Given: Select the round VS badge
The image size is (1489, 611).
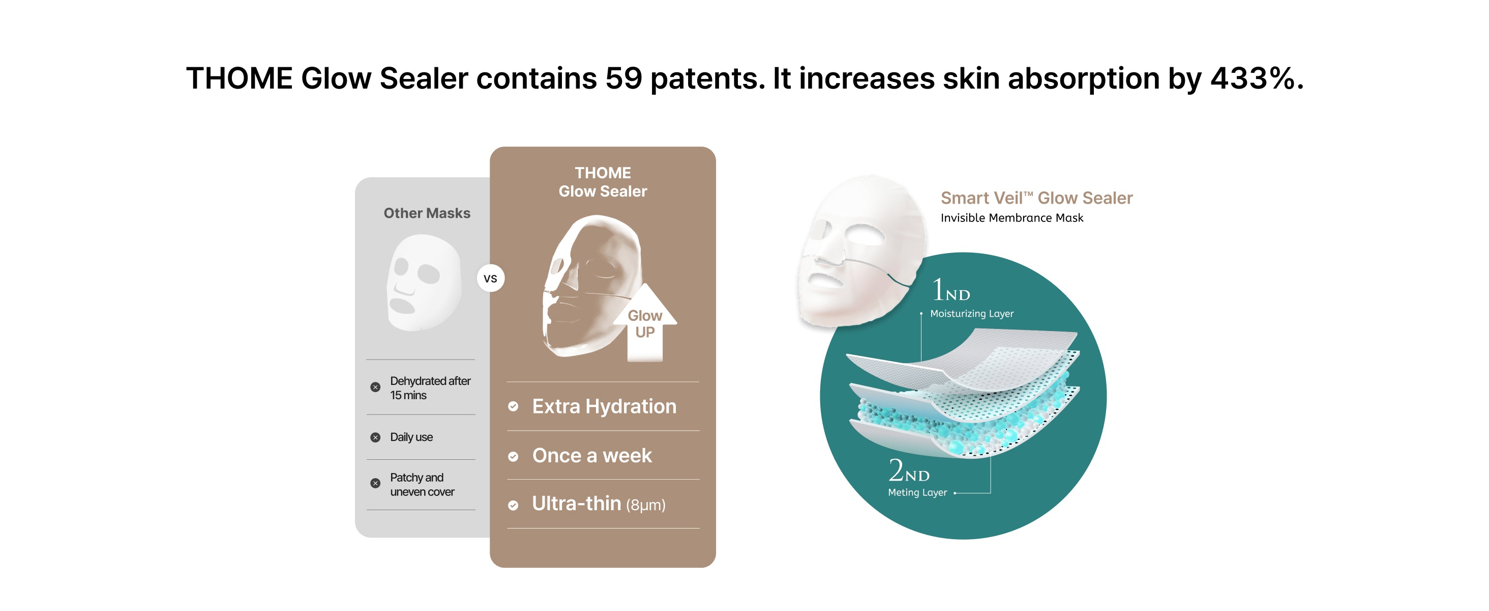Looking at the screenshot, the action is pos(491,279).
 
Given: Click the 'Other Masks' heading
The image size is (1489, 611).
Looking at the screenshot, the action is pos(427,213).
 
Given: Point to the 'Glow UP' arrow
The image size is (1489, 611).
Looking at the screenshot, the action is pos(645,322).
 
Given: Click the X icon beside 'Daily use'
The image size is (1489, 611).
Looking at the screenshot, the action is pos(376,437).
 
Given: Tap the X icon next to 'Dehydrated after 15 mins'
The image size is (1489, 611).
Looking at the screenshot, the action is pos(376,387).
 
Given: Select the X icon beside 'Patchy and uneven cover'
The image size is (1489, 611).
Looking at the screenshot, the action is pos(376,483).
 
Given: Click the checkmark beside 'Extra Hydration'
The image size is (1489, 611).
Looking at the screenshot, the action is pos(513,406).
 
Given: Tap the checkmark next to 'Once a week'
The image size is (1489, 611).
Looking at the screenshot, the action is pos(513,457).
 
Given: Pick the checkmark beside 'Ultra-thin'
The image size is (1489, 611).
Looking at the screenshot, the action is pos(513,505).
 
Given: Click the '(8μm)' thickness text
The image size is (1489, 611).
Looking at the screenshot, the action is pos(646,505).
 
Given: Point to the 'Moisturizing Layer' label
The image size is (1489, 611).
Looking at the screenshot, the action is pos(972,314).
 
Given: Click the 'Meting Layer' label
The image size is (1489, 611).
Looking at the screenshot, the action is pos(917,492).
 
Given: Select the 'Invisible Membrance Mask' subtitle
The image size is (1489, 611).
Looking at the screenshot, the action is pos(1011,218).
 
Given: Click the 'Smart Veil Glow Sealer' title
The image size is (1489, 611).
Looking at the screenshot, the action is pos(1036,198).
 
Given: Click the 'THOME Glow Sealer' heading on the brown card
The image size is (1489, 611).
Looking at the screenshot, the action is pos(603,182).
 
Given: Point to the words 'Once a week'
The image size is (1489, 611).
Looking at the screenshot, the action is pos(592,456).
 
